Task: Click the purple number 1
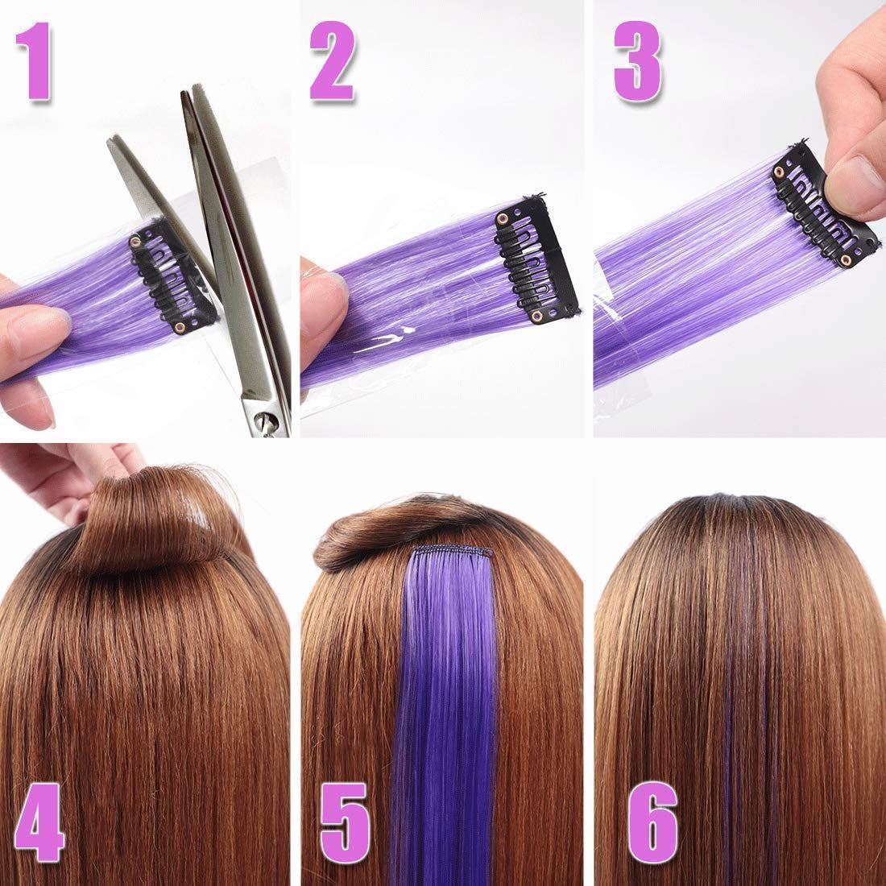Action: [x=35, y=61]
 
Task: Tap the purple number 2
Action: [x=333, y=61]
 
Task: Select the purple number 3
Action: [x=638, y=61]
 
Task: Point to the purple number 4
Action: [x=39, y=822]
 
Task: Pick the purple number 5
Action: [x=345, y=822]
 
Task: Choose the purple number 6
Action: [x=652, y=822]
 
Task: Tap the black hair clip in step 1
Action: [x=172, y=277]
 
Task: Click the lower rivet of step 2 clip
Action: [x=535, y=315]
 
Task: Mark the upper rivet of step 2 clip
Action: [x=503, y=218]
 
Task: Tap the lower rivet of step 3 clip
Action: [x=846, y=259]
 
